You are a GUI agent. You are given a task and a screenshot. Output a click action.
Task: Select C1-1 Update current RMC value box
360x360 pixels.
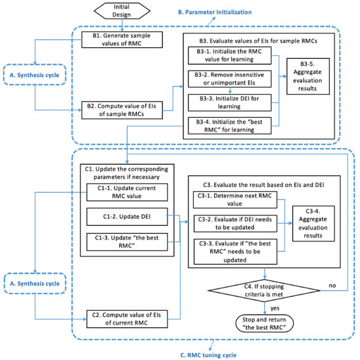[125, 191]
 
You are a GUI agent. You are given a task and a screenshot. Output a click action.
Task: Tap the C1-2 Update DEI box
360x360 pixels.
[125, 217]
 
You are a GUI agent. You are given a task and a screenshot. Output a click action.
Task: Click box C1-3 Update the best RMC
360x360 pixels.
[125, 243]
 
